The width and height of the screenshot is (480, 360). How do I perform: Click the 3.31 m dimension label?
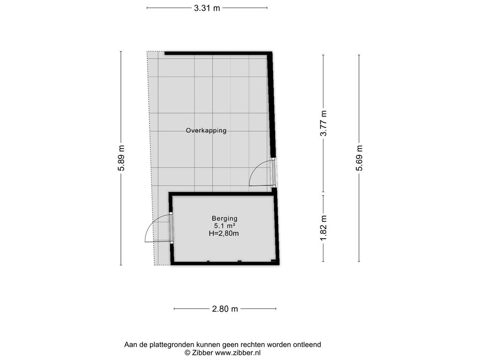[x=207, y=8]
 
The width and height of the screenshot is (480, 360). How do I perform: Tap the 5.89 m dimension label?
[x=121, y=158]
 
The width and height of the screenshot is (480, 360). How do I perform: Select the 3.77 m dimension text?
[x=323, y=123]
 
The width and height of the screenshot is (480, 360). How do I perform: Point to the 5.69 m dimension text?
[x=359, y=158]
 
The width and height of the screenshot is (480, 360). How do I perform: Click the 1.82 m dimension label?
[x=323, y=228]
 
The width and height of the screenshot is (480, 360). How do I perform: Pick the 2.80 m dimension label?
[x=225, y=309]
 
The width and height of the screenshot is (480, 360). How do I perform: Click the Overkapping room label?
[x=206, y=131]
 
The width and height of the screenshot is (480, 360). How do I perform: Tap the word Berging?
[x=225, y=218]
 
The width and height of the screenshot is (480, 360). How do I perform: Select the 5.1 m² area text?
[x=225, y=226]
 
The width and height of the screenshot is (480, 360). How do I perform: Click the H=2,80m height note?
[x=224, y=233]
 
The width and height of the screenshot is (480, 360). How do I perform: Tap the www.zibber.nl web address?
[x=238, y=352]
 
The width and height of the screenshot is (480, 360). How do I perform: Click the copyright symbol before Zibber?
[x=187, y=352]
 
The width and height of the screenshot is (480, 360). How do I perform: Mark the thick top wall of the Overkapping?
[x=218, y=53]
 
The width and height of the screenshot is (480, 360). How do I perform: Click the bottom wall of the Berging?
[x=225, y=263]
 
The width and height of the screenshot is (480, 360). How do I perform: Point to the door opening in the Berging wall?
[x=172, y=228]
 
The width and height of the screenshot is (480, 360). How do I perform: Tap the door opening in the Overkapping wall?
[x=274, y=172]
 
